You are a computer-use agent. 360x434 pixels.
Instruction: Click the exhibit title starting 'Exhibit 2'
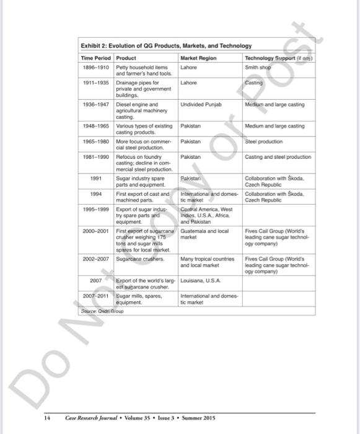[166, 46]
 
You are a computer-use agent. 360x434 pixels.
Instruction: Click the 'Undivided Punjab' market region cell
[201, 105]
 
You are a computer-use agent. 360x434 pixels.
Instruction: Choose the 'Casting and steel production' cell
[277, 157]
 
